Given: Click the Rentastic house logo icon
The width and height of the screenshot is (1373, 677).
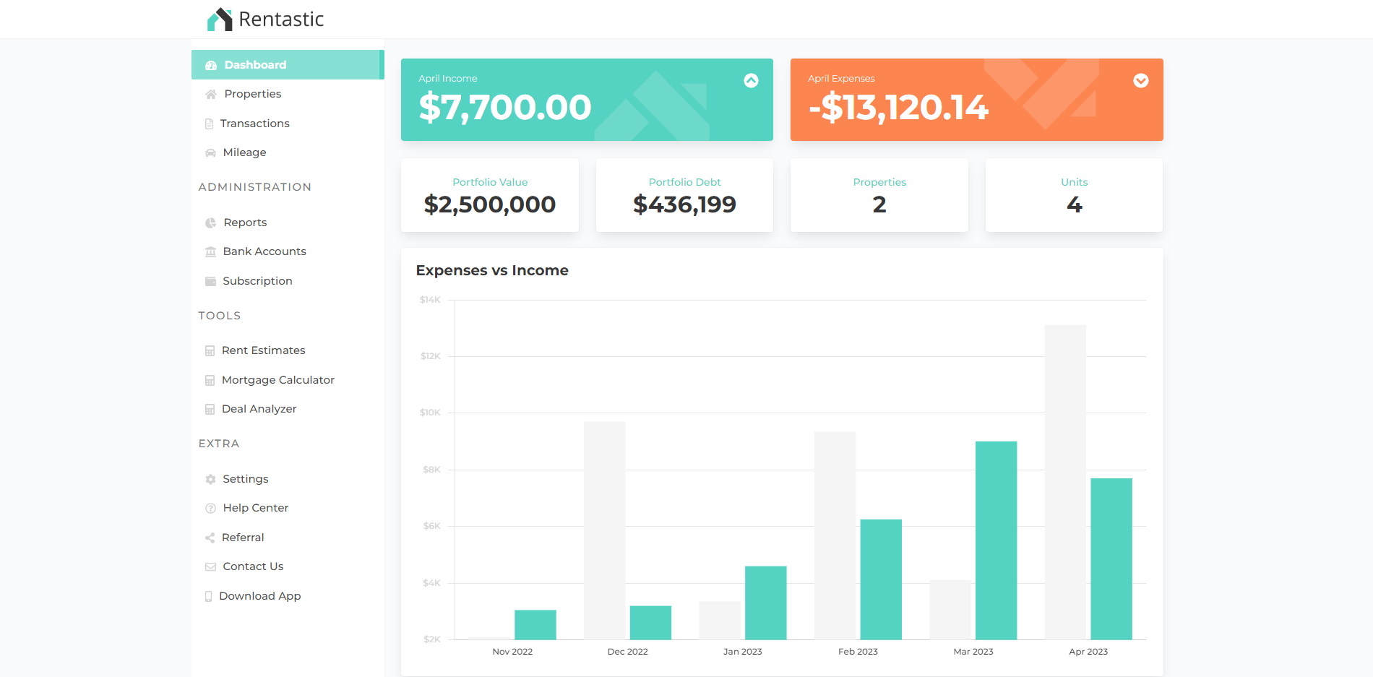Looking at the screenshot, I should click(220, 20).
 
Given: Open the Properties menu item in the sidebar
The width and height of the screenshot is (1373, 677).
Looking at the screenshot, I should click(252, 94).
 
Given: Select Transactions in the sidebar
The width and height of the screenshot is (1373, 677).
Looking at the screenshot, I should click(254, 124).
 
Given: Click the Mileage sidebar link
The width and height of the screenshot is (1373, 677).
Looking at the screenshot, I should click(244, 152).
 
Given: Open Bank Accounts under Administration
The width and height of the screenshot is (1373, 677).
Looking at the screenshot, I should click(264, 251).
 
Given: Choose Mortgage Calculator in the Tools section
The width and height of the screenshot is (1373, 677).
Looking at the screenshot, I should click(277, 380).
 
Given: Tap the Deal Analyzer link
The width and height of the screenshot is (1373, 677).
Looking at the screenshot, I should click(259, 409).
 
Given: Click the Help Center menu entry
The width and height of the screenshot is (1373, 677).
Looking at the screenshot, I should click(255, 508).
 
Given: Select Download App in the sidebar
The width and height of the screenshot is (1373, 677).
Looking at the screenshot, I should click(259, 596).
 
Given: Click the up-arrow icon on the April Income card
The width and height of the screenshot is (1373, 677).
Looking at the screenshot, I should click(752, 81).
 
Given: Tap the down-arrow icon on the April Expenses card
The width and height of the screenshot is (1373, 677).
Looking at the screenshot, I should click(1141, 81).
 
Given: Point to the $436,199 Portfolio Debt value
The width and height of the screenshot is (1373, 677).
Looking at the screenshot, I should click(684, 204).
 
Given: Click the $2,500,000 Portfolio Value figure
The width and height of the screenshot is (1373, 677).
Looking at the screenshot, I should click(490, 204).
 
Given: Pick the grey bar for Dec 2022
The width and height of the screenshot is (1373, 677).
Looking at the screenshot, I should click(604, 530).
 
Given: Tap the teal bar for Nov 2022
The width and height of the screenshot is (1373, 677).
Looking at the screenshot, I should click(535, 625).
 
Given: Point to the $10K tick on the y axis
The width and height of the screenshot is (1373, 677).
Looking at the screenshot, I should click(430, 413).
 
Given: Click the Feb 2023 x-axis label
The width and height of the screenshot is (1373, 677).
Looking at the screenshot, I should click(858, 652).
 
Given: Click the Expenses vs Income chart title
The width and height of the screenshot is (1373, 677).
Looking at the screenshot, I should click(492, 270).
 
